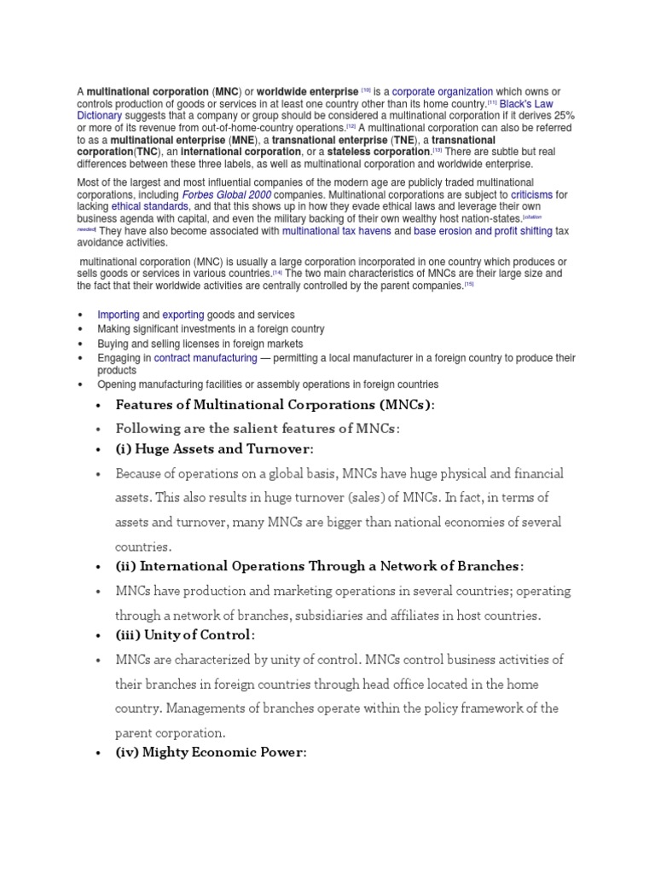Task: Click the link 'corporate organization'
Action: (x=442, y=91)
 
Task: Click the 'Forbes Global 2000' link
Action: (x=227, y=194)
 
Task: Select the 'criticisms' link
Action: (x=531, y=194)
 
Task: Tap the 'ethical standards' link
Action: (x=150, y=206)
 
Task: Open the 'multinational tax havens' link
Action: (x=336, y=230)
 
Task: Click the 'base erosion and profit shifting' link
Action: (x=483, y=230)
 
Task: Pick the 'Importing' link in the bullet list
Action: (x=118, y=315)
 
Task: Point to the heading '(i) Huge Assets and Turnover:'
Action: (x=214, y=448)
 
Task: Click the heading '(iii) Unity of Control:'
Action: (x=185, y=635)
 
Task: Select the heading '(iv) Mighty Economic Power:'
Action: (x=211, y=753)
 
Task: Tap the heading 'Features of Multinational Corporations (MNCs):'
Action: (x=275, y=404)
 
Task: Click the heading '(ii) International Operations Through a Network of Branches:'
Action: (x=320, y=566)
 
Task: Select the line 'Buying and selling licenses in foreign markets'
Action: (x=200, y=343)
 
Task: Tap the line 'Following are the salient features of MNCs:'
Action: (x=257, y=428)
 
